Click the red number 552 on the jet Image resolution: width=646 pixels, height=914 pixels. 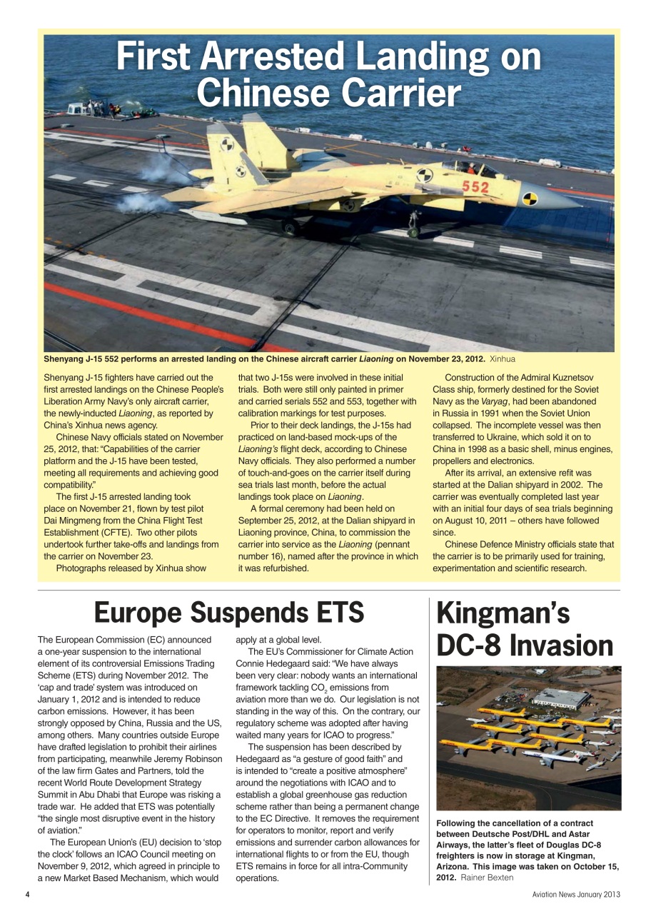[475, 187]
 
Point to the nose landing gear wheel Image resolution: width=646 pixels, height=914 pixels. [413, 232]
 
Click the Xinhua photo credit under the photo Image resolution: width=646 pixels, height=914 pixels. [503, 358]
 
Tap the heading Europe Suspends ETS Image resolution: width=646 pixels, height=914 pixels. [229, 612]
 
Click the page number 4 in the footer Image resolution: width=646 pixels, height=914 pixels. [26, 895]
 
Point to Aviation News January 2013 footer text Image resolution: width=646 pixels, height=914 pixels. [576, 895]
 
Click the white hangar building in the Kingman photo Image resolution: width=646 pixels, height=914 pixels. [561, 698]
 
